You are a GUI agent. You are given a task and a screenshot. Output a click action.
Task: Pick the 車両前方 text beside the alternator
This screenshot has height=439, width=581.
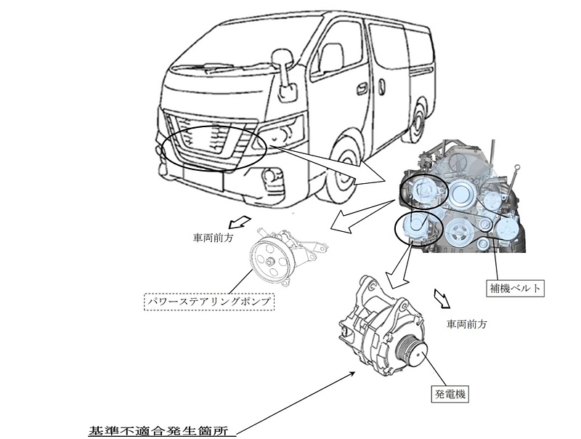pos(470,323)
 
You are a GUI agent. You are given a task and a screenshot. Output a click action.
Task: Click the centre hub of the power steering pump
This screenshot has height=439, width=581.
pos(269,262)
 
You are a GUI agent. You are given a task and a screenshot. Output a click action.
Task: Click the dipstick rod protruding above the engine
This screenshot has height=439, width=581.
pos(515,179)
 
